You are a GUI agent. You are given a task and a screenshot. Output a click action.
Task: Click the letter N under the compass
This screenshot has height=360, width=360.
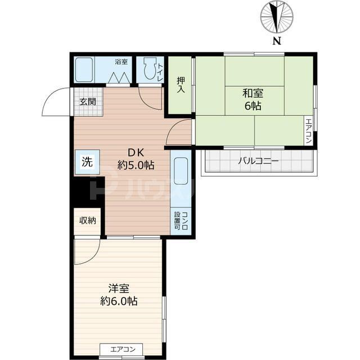coord(276,40)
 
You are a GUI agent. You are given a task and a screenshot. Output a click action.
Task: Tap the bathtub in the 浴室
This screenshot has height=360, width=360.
coord(84,71)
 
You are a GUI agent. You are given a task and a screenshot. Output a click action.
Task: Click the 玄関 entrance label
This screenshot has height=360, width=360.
coord(87,102)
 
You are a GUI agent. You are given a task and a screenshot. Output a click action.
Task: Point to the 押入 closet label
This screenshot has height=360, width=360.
coord(180,84)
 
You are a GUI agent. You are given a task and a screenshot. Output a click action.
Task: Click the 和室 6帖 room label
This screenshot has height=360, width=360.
coord(254,98)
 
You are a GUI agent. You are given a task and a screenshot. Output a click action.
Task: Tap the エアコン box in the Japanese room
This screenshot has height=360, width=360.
coord(308,130)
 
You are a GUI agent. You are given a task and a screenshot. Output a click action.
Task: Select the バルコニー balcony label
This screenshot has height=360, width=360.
coord(258,161)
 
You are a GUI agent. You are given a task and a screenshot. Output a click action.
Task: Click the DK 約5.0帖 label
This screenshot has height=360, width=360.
coord(135,159)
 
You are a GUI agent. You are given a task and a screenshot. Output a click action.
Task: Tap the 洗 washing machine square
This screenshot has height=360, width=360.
coord(87,162)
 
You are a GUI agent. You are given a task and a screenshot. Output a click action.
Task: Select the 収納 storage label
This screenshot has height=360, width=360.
coord(87,220)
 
